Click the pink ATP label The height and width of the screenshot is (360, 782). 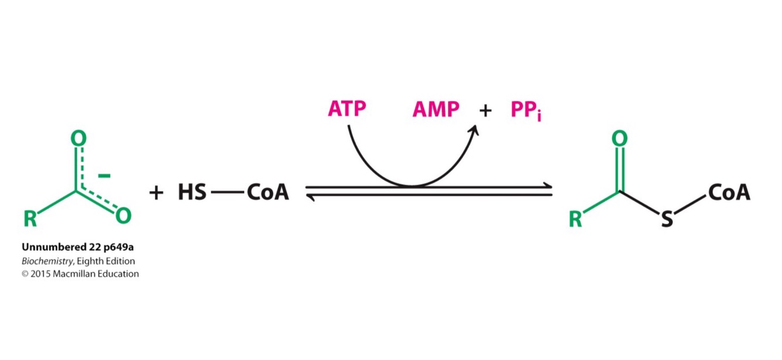tap(348, 110)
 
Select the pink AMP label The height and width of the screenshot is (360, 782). tap(436, 110)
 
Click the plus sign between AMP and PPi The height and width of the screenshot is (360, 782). tap(485, 110)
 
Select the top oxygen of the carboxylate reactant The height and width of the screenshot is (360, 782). tap(78, 138)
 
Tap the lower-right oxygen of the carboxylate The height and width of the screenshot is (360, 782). tap(123, 216)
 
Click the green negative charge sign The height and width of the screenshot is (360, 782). tap(104, 175)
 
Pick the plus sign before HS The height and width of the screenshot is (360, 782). tap(156, 192)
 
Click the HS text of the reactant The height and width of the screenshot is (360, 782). tap(192, 192)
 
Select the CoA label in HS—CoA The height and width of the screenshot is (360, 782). tap(268, 192)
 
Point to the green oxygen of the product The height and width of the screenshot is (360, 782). tap(619, 138)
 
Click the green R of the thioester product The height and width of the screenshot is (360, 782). tap(576, 219)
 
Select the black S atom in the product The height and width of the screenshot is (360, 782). tap(667, 220)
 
